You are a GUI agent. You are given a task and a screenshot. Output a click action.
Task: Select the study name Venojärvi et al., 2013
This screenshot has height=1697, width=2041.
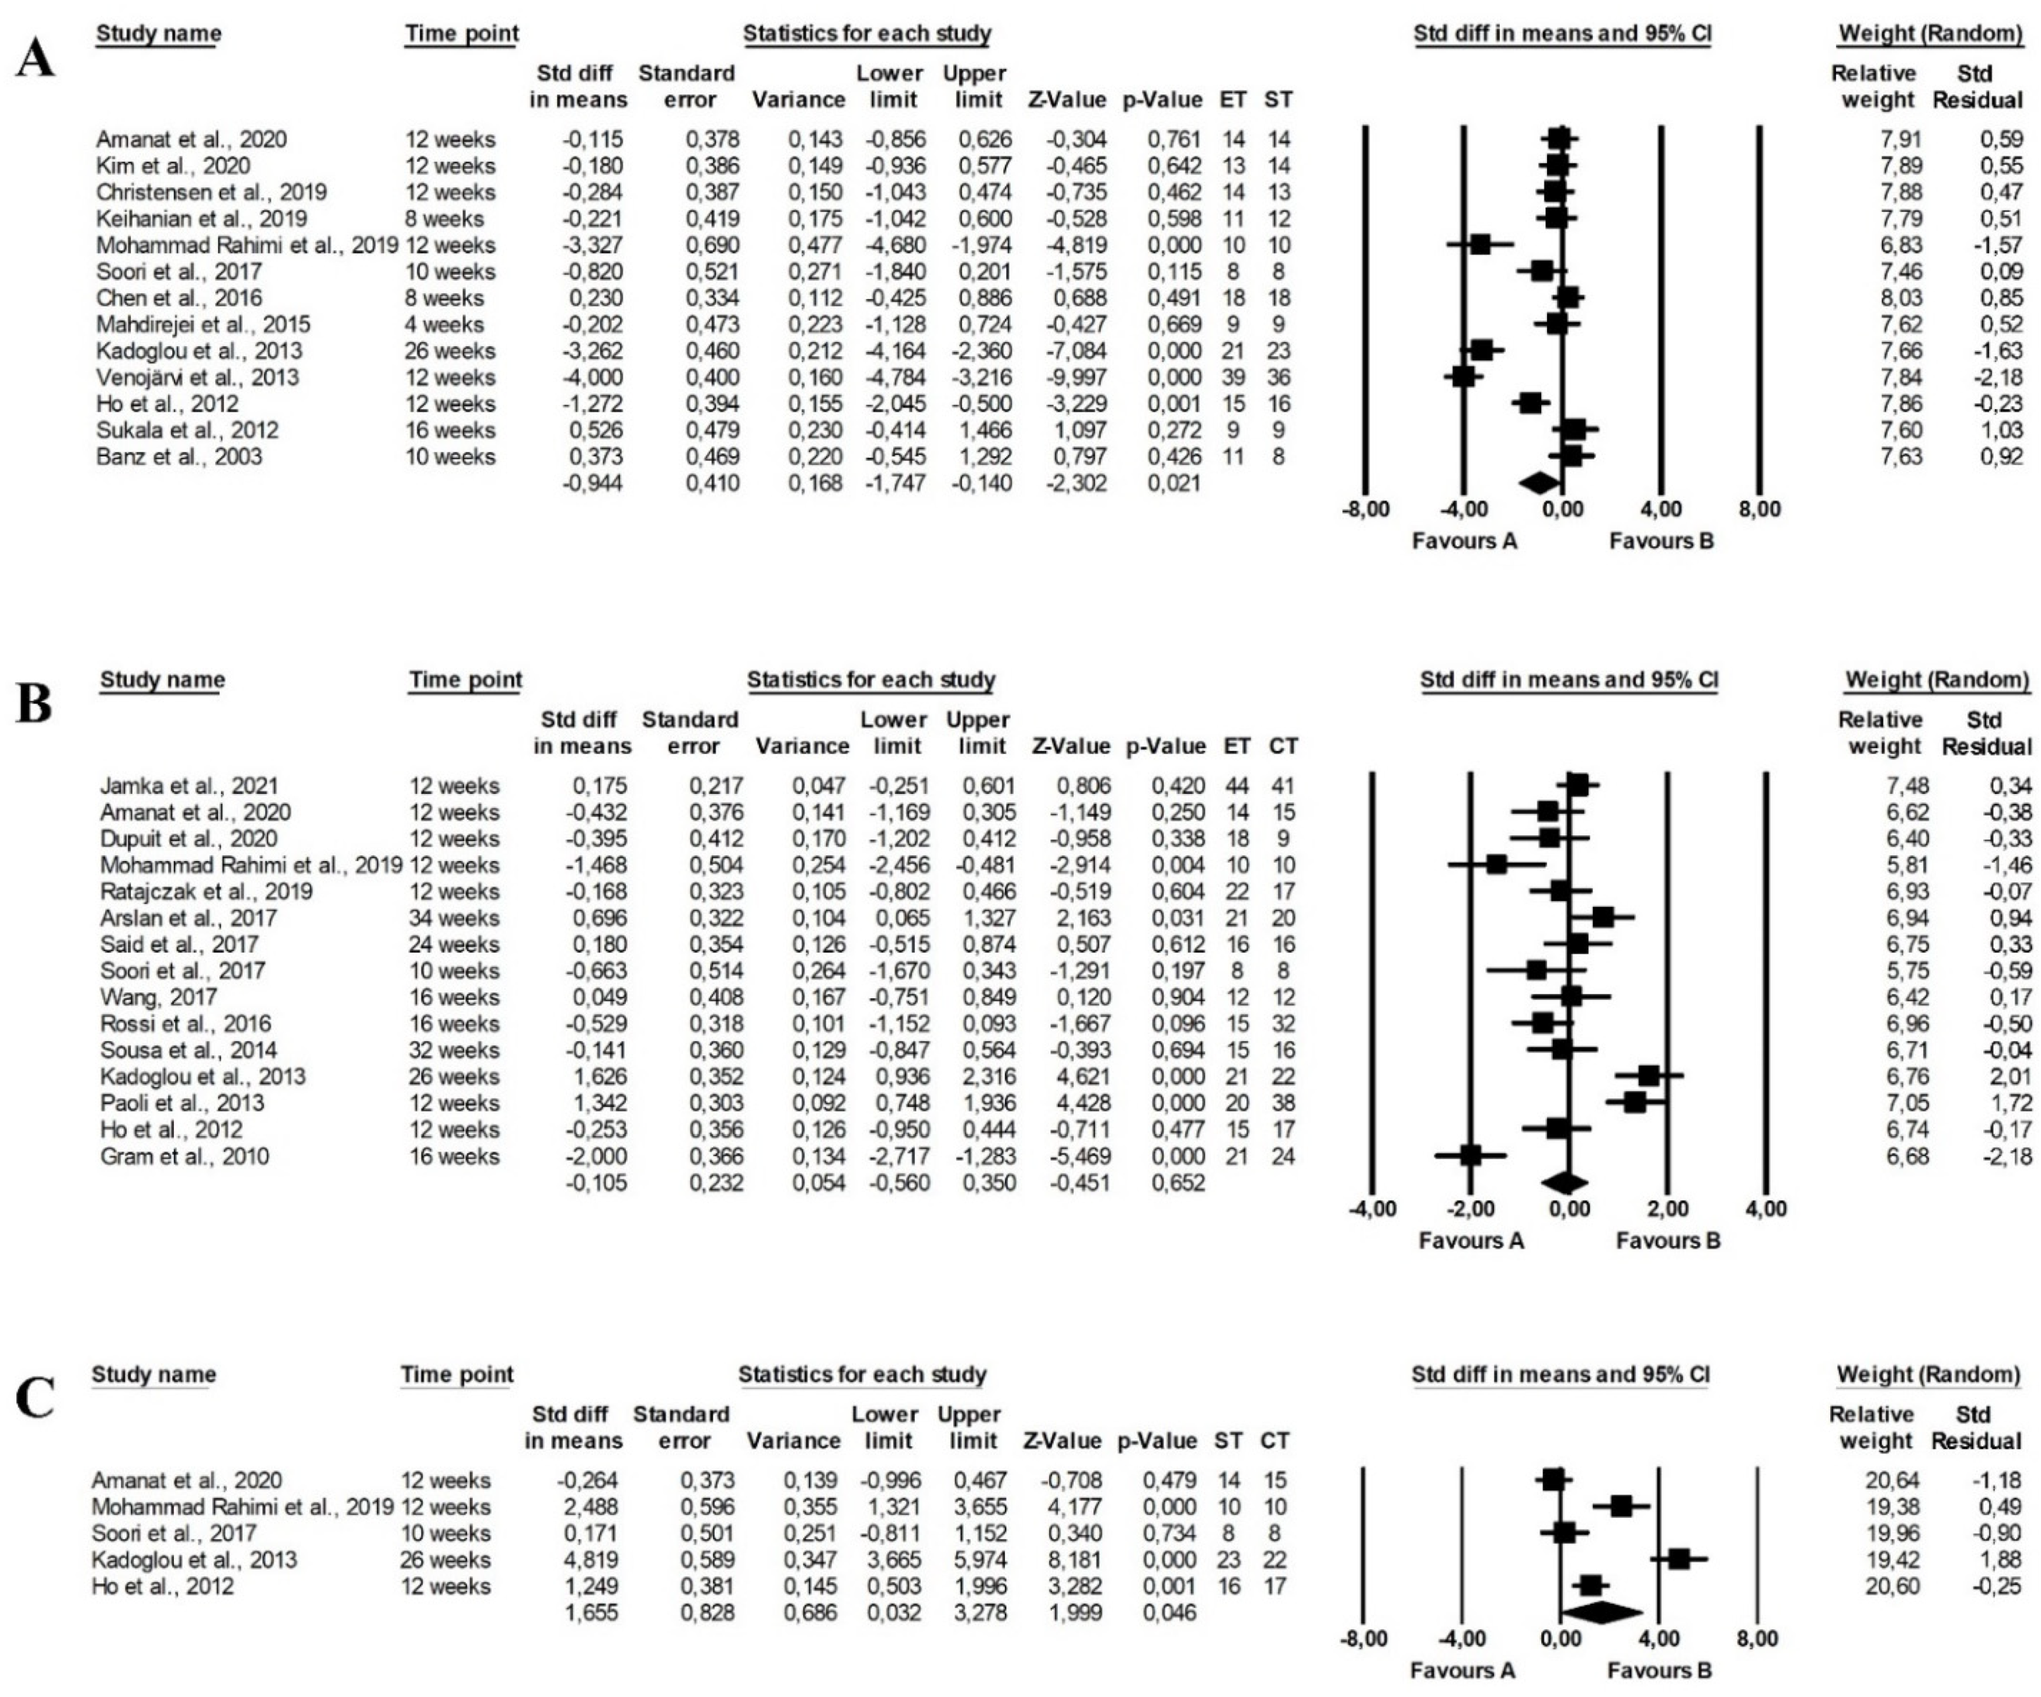click(197, 377)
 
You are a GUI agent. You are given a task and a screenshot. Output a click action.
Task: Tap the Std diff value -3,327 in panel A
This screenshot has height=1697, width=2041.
click(593, 245)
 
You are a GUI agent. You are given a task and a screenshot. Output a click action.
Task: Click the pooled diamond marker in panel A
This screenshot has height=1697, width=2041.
click(1538, 483)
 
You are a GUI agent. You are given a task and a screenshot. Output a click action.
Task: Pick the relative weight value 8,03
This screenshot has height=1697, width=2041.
click(1892, 297)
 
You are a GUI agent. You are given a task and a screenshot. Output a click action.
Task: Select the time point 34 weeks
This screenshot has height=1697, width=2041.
click(454, 918)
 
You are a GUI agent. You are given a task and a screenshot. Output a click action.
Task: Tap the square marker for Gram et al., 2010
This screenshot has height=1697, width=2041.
click(1471, 1156)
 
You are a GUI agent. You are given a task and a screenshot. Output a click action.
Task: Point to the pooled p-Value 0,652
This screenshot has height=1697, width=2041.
click(1178, 1183)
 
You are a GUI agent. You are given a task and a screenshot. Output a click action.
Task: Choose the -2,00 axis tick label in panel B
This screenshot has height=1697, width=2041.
click(1471, 1209)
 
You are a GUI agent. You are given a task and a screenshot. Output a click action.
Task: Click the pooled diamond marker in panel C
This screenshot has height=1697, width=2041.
click(1604, 1612)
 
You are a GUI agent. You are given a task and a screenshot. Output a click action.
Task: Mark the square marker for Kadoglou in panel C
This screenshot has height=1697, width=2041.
click(1678, 1559)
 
